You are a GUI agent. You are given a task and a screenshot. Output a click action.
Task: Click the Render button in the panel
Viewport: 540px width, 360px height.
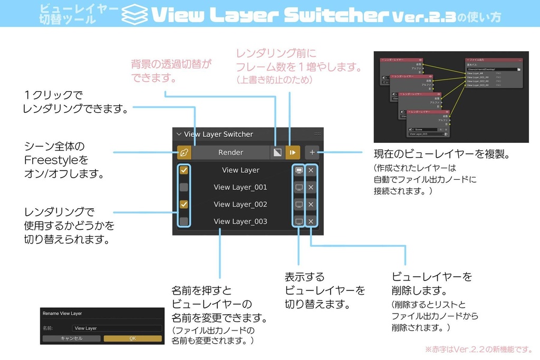click(x=230, y=152)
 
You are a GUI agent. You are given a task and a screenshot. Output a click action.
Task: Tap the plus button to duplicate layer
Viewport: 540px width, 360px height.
click(x=312, y=152)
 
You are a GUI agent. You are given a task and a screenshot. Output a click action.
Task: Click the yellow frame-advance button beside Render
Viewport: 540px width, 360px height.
click(x=293, y=152)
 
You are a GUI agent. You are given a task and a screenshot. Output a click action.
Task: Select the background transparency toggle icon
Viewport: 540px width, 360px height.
click(x=276, y=152)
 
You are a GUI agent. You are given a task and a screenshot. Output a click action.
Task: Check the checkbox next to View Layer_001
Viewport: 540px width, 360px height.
click(x=184, y=187)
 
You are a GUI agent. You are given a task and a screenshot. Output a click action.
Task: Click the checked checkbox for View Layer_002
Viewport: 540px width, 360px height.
click(x=184, y=204)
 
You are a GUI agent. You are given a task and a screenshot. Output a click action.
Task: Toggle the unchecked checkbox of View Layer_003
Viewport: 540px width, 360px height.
click(x=184, y=221)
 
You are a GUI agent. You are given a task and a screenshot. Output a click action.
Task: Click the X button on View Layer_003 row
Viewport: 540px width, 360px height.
click(x=311, y=221)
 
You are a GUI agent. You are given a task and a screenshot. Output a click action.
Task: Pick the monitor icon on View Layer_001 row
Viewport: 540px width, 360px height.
click(x=299, y=187)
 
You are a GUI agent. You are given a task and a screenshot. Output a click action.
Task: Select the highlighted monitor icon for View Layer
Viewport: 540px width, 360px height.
click(x=299, y=170)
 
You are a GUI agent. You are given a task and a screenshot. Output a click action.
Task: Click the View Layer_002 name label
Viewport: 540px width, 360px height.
click(x=240, y=204)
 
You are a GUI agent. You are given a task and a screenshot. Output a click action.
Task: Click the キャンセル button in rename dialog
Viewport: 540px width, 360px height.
click(x=71, y=338)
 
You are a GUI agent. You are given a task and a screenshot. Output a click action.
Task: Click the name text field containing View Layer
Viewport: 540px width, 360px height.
click(x=117, y=328)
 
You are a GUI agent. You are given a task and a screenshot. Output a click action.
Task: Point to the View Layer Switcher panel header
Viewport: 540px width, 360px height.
click(x=218, y=134)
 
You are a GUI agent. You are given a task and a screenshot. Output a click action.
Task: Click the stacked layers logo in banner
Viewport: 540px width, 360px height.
click(x=135, y=14)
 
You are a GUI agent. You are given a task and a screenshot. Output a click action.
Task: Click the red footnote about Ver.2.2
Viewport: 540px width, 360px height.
click(x=479, y=349)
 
